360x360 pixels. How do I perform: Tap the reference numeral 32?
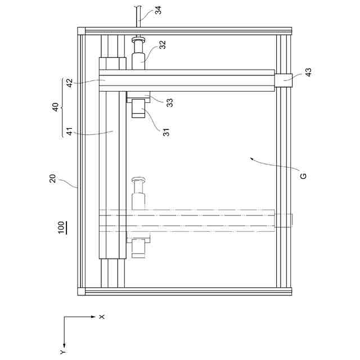coord(162,46)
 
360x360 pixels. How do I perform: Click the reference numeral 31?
coord(166,132)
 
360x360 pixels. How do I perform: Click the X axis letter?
coord(102,317)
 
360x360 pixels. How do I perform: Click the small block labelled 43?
coord(284,81)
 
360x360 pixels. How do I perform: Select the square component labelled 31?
coord(138,109)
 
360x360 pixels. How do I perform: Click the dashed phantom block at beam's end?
coord(284,220)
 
